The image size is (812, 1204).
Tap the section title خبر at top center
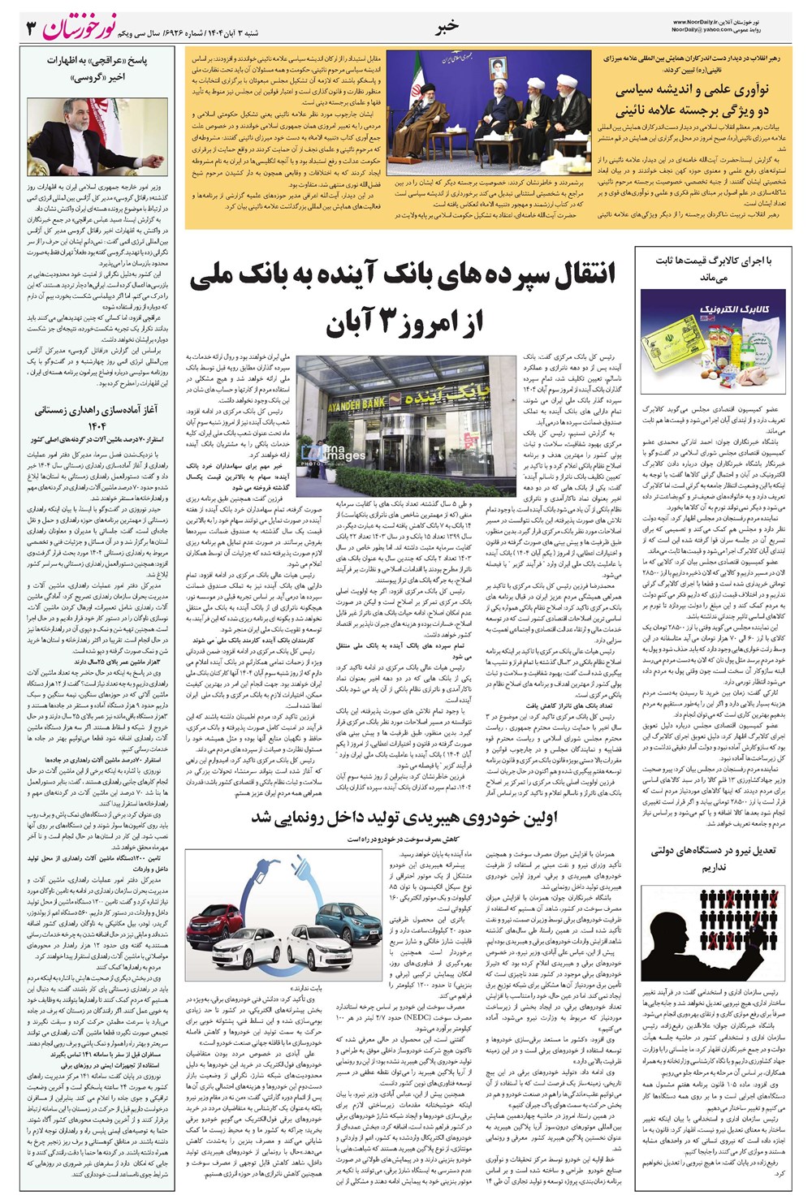(x=447, y=27)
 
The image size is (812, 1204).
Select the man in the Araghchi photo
(x=81, y=134)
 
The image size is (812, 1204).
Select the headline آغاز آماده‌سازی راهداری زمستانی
(x=96, y=417)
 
